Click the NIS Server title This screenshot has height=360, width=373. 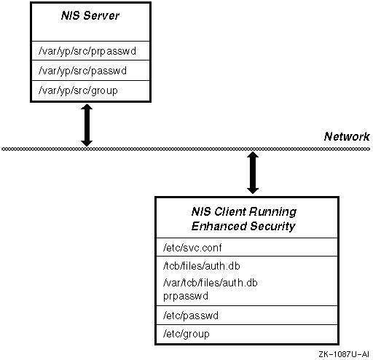coord(90,16)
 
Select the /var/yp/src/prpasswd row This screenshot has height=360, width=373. coord(87,51)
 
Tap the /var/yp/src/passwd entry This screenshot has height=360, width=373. coord(82,71)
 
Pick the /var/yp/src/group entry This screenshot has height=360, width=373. coord(78,90)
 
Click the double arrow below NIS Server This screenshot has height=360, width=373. coord(87,125)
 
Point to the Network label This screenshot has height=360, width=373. coord(347,136)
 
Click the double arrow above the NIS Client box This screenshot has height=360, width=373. coord(253,173)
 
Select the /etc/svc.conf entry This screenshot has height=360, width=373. coord(192,248)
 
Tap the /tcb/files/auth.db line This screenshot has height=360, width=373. coord(202,266)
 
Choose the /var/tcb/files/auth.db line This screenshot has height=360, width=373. coord(211,283)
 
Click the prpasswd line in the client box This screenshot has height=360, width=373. coord(186,297)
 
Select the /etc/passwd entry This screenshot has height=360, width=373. coord(191,316)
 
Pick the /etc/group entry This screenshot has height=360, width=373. coord(186,334)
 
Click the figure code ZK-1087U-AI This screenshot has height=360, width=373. coord(344,354)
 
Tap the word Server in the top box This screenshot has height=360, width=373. coord(101,16)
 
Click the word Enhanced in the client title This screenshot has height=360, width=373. coord(219,226)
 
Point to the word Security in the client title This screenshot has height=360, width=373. coord(272,227)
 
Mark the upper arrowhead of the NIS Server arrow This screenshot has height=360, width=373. coord(87,107)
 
